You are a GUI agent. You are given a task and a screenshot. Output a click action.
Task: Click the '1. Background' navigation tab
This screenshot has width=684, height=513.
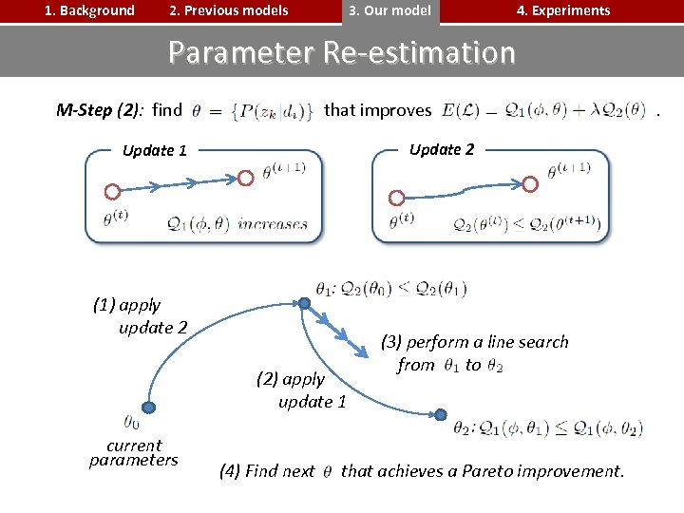point(89,11)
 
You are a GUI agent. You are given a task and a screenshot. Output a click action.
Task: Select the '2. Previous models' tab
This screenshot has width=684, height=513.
point(228,11)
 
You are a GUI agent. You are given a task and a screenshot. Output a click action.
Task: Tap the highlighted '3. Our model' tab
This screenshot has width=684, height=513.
point(389,11)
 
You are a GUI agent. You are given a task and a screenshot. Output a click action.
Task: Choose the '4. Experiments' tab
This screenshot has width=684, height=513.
point(562,11)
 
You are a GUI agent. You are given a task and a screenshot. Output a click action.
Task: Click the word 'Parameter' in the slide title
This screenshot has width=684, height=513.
point(241,52)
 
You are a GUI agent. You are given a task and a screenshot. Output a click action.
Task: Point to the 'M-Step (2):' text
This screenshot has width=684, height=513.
point(100,110)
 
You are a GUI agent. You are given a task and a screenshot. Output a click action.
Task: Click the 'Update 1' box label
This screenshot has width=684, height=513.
point(155,150)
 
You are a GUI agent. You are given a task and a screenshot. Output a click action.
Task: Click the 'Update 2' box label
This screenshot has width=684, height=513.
point(441,149)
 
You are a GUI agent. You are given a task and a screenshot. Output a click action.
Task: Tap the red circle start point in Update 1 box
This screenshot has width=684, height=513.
point(111,190)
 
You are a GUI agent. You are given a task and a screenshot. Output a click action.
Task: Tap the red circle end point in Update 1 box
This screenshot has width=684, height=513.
point(245,177)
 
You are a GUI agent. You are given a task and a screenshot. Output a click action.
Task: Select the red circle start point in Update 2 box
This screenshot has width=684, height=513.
point(398,198)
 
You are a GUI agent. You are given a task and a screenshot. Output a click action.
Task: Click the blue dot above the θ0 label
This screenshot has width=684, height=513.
point(148,407)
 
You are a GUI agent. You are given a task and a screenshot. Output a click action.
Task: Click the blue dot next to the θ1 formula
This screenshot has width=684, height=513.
point(304,303)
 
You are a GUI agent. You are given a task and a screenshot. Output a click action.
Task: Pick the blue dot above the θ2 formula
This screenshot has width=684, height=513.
point(440,414)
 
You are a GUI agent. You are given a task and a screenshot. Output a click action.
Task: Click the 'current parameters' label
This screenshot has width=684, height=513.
point(134,453)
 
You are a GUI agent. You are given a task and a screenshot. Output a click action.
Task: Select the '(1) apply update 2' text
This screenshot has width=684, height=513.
point(139,316)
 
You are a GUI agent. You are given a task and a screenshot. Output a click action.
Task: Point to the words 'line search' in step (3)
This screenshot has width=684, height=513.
point(524,342)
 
